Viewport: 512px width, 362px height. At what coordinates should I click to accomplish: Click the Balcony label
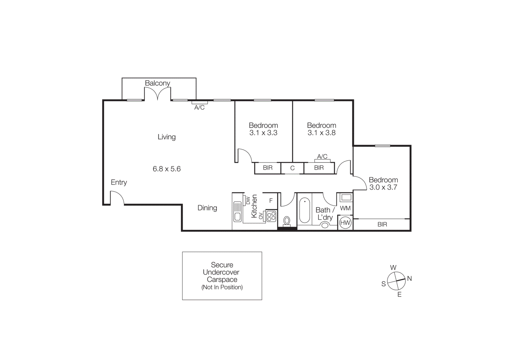[x=157, y=83]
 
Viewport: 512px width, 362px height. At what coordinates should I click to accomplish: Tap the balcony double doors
[x=157, y=94]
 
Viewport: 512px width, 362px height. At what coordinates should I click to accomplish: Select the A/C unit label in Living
[x=199, y=108]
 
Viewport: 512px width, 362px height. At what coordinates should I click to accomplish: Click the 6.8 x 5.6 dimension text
[x=166, y=169]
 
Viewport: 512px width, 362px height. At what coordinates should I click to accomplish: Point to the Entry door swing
[x=117, y=197]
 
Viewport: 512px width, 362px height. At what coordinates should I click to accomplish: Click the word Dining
[x=207, y=208]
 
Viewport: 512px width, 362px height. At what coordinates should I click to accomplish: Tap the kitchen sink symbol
[x=237, y=212]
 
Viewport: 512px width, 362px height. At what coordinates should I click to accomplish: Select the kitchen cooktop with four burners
[x=271, y=216]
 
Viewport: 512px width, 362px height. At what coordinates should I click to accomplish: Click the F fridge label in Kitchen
[x=271, y=201]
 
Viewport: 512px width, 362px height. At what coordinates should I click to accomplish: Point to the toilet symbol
[x=287, y=221]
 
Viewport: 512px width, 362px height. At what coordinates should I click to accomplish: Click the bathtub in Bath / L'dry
[x=304, y=210]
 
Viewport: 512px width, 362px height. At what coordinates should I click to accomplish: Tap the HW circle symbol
[x=345, y=223]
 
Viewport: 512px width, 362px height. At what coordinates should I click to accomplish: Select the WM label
[x=345, y=208]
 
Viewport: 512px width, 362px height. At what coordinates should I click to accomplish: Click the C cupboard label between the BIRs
[x=292, y=168]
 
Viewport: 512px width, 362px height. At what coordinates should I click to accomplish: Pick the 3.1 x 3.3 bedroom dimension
[x=263, y=133]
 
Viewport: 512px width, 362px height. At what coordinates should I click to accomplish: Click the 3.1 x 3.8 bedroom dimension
[x=321, y=133]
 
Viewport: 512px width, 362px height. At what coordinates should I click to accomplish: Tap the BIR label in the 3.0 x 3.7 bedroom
[x=382, y=224]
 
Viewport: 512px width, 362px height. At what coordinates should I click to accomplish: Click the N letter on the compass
[x=409, y=278]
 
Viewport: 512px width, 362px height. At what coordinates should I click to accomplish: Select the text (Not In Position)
[x=222, y=287]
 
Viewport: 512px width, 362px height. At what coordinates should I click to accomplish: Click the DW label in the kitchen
[x=248, y=200]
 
